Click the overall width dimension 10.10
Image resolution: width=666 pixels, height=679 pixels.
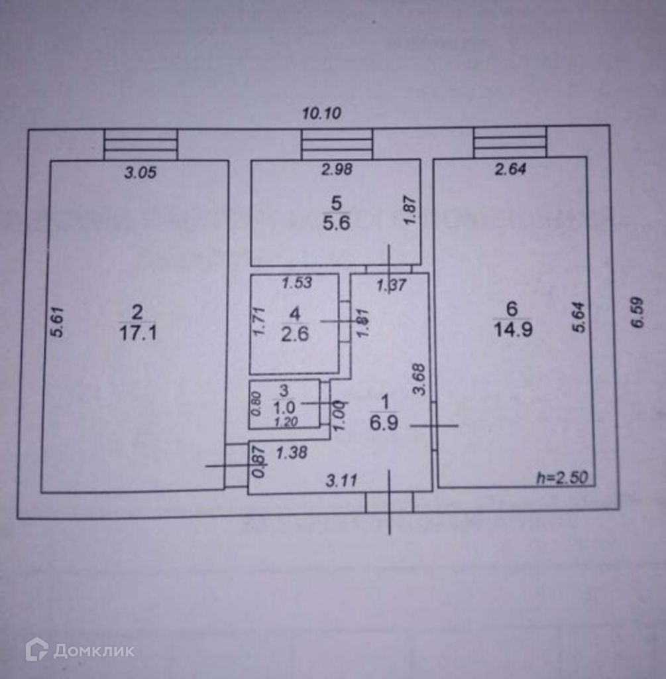coord(321,113)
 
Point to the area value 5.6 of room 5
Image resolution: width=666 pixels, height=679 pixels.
coord(336,222)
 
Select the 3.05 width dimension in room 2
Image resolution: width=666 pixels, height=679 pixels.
coord(140,173)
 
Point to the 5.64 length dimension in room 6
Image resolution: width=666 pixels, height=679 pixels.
coord(579,318)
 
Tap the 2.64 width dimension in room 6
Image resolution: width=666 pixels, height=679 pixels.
coord(510,170)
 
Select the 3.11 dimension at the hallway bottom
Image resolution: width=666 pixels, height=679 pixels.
coord(343,481)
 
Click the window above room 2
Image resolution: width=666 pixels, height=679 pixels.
coord(140,145)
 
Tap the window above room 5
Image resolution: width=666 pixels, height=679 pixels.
coord(337,144)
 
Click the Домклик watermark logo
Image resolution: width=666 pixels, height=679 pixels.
coord(80,650)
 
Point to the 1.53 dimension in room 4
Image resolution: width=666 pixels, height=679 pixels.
coord(297,284)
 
